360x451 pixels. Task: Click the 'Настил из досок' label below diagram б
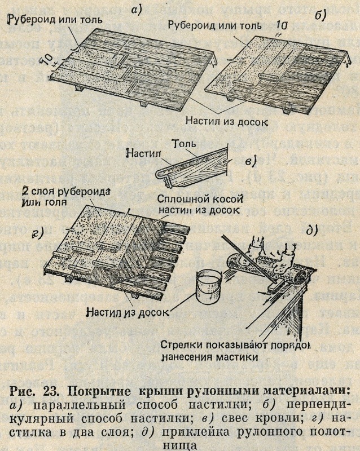[233, 121]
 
